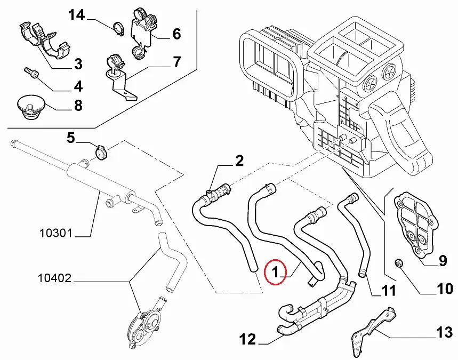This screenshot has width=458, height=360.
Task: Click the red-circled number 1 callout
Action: pos(275,273)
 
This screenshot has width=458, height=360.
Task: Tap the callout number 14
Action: pos(76,14)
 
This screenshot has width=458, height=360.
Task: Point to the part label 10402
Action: pos(55,278)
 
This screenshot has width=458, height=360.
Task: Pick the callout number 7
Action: pos(177,62)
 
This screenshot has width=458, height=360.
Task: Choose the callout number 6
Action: pos(176,34)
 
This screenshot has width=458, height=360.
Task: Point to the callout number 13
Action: pos(443,333)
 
